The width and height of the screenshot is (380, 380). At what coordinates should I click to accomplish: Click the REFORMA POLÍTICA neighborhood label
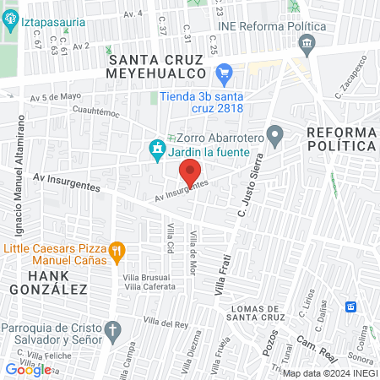click(x=341, y=141)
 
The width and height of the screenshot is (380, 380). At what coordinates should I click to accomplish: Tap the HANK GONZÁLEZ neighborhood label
click(x=58, y=283)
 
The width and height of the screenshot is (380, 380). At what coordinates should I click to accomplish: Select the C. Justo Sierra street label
click(x=253, y=178)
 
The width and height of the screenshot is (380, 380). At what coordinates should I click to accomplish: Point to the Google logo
click(x=28, y=369)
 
